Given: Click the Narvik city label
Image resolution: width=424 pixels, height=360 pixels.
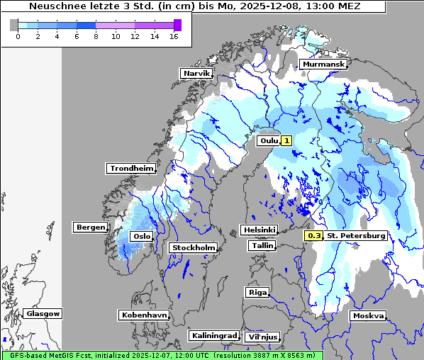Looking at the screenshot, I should tap(196, 73).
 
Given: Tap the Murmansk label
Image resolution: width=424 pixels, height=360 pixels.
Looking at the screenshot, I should tap(323, 64).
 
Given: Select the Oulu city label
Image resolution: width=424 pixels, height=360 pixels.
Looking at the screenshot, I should tap(269, 140).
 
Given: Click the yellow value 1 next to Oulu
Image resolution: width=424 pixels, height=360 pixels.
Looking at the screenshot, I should tap(286, 140).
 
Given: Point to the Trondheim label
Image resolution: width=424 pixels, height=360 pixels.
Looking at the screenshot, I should tap(131, 168).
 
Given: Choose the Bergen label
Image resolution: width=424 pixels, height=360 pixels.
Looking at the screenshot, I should tap(90, 227).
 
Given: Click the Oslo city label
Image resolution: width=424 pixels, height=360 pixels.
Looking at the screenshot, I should tap(143, 236).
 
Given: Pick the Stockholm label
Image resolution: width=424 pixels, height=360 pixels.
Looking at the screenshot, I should tap(193, 247).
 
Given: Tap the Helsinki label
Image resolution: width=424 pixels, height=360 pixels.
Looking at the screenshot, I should tap(259, 230).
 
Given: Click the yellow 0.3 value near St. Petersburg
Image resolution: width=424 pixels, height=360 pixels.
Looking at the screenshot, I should tap(314, 235).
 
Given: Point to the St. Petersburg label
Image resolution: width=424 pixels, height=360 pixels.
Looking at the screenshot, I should tap(356, 235).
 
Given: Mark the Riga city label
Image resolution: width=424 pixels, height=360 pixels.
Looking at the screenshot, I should tap(257, 292).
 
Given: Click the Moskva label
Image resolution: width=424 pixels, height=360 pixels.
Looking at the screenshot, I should tap(368, 315).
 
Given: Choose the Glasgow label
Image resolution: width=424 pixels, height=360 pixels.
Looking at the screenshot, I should tap(43, 313).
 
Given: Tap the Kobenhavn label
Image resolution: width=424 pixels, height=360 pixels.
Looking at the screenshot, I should tap(144, 314).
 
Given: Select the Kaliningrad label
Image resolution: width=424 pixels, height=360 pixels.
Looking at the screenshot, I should tap(213, 335).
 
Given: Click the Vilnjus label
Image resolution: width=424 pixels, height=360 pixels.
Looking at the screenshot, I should tap(262, 337).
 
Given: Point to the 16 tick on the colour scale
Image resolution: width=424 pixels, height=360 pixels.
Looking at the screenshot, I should tap(174, 36).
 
